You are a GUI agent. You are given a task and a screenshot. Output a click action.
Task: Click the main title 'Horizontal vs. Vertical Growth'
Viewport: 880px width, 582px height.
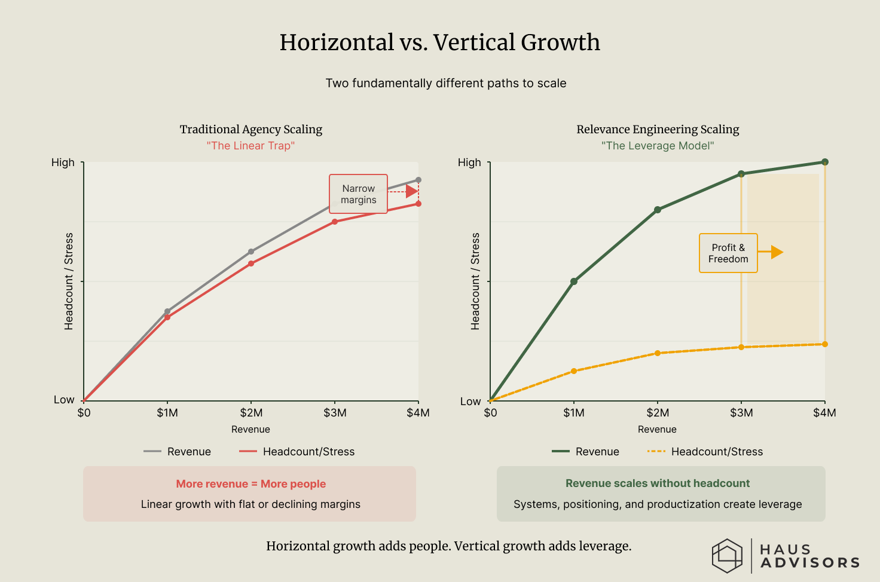pos(439,42)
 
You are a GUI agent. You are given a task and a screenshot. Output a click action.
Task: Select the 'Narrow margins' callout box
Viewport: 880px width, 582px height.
pos(358,194)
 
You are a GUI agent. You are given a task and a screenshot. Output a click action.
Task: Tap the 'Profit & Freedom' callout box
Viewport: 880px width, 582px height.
pos(728,253)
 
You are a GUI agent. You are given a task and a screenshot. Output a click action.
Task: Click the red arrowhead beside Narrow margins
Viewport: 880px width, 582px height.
pos(412,191)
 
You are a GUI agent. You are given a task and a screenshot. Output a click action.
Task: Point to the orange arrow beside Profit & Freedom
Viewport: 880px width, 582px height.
pos(776,252)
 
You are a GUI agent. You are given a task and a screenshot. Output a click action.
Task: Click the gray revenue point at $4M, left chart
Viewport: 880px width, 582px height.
pos(418,180)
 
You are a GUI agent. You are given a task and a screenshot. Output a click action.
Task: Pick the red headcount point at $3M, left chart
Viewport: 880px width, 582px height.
pos(335,222)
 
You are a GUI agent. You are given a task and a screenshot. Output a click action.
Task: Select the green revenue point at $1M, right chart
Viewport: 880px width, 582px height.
pos(574,281)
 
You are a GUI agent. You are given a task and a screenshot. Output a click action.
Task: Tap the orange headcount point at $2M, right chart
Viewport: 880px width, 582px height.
pos(658,353)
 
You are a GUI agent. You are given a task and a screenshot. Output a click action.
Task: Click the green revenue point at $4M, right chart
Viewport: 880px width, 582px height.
pos(825,162)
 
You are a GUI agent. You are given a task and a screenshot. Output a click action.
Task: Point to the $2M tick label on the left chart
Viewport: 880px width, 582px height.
pos(251,413)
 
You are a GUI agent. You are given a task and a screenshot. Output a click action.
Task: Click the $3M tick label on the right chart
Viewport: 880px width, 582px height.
pos(741,413)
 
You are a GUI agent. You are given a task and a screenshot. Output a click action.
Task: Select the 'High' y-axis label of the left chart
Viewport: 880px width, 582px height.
pos(63,163)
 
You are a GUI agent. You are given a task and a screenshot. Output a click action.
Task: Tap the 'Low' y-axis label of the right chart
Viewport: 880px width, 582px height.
pos(470,402)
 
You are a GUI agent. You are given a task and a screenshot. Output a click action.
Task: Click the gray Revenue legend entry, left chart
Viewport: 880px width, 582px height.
pos(178,452)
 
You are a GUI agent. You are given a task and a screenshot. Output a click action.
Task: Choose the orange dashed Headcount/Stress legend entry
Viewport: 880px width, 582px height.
pos(705,452)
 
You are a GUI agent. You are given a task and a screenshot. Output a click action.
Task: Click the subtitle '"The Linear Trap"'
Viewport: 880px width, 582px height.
pos(250,146)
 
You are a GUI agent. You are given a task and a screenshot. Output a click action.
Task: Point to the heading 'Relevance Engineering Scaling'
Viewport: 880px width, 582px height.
pos(658,130)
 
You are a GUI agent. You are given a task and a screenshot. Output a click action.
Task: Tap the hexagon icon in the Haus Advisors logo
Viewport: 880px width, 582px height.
pos(727,556)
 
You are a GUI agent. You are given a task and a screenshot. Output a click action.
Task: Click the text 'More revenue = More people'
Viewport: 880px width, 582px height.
pos(250,484)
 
